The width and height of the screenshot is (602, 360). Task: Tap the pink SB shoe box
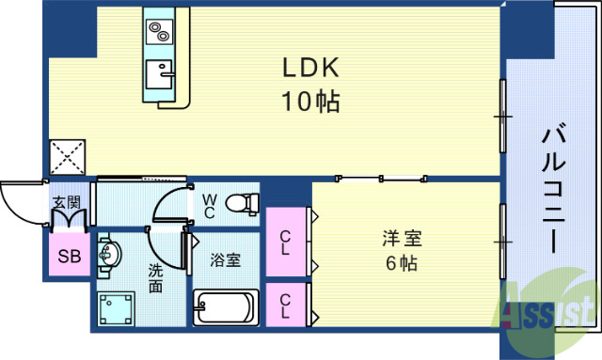(70, 255)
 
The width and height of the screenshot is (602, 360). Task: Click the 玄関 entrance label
(66, 202)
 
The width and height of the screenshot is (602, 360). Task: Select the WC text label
(209, 206)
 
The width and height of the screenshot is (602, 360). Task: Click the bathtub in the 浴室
(225, 306)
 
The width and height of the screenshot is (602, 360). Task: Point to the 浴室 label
(225, 259)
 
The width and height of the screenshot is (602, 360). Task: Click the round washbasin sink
(109, 254)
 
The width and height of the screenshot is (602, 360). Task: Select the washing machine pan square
(119, 305)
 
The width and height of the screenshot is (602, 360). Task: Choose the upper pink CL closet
(286, 242)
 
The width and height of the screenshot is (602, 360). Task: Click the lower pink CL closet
(286, 305)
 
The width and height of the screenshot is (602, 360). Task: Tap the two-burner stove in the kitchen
(157, 32)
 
